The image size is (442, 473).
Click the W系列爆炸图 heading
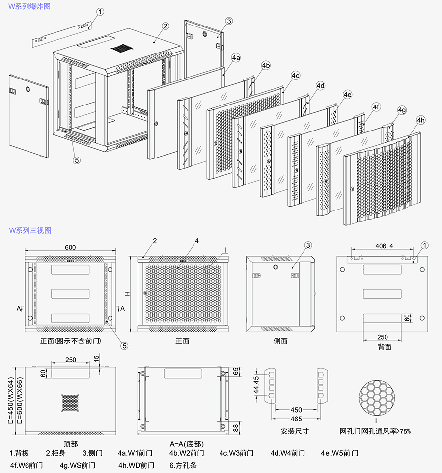[x=29, y=7]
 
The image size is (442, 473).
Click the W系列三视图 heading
[x=29, y=230]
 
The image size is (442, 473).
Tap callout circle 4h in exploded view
[x=421, y=120]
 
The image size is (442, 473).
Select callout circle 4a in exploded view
[x=236, y=58]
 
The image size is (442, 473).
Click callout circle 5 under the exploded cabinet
[x=76, y=159]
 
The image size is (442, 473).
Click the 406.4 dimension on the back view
[x=384, y=246]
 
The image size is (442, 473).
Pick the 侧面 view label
[x=280, y=341]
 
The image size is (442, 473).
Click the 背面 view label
[x=385, y=347]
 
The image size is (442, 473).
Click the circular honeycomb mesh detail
[x=377, y=396]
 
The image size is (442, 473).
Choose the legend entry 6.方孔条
[x=183, y=465]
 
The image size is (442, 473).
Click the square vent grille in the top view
[x=70, y=402]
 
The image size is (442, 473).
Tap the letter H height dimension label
[x=126, y=293]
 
